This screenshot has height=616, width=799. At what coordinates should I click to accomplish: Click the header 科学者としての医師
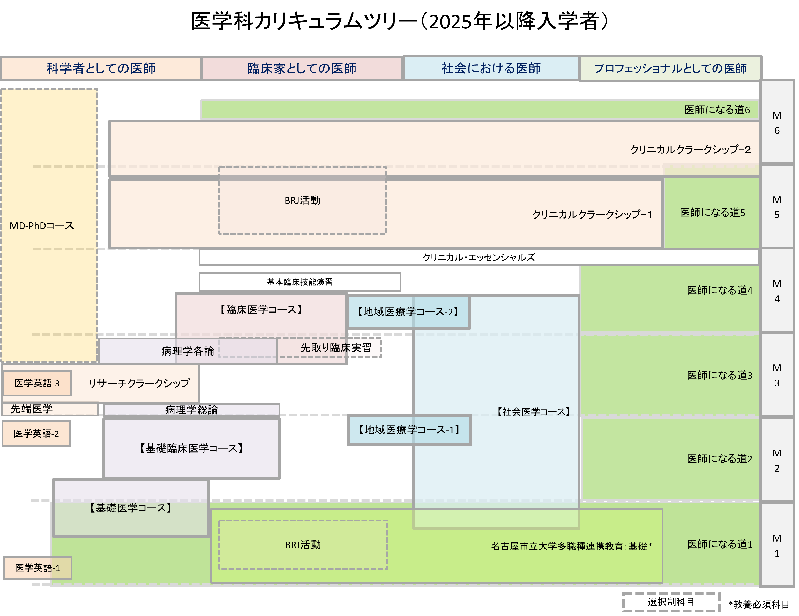(x=101, y=68)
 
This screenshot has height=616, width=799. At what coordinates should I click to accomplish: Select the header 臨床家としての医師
(x=302, y=68)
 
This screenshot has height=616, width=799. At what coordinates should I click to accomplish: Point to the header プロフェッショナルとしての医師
(x=670, y=68)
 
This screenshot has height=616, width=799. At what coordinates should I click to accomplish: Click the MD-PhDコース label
(x=42, y=226)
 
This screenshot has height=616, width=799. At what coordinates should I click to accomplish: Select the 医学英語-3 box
(x=37, y=383)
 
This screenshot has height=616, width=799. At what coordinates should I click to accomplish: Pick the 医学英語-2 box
(x=36, y=434)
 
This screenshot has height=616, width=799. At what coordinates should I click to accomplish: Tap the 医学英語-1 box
(x=37, y=568)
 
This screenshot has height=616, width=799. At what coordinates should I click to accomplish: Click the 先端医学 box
(x=32, y=409)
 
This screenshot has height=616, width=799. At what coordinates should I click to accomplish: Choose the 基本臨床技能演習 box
(x=300, y=282)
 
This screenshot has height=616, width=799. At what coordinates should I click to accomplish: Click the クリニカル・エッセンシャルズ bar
(x=479, y=257)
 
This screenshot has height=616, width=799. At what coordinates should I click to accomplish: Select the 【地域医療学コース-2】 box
(x=408, y=312)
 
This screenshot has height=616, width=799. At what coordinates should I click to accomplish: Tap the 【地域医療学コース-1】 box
(x=409, y=430)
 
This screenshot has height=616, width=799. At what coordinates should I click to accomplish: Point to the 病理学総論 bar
(x=191, y=410)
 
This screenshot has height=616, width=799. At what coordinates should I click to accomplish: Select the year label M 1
(x=777, y=546)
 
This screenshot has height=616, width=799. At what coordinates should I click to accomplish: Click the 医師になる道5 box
(x=712, y=213)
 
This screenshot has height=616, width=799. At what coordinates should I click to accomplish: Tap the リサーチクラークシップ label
(x=139, y=383)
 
